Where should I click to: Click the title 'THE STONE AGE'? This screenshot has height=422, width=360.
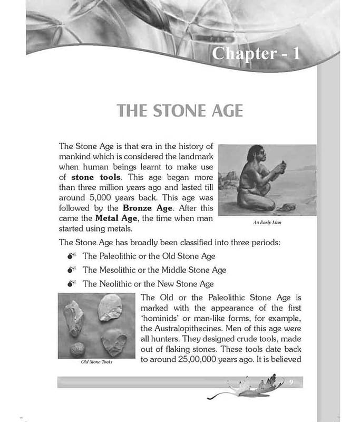[180, 111]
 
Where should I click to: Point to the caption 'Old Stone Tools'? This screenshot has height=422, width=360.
[93, 362]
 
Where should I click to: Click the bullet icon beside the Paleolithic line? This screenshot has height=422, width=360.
[73, 256]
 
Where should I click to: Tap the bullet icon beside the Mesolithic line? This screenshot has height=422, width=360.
[73, 270]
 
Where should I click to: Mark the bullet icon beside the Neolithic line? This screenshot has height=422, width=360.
[73, 284]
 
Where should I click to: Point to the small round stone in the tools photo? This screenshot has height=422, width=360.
[78, 348]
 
